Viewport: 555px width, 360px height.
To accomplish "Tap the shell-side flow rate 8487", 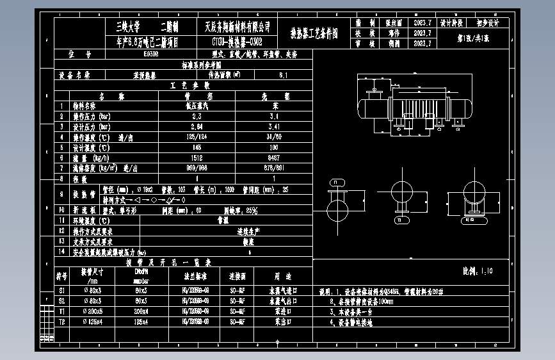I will click(273, 158).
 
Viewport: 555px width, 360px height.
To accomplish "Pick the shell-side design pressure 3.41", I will click(273, 127).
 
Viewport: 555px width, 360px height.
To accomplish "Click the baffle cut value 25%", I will click(249, 210).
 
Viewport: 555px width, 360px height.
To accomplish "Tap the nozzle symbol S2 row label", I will click(61, 300).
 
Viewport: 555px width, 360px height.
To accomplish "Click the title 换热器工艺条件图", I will click(314, 31).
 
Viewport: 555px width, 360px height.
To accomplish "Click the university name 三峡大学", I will click(126, 26).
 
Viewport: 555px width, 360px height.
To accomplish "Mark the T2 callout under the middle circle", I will click(402, 219).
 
